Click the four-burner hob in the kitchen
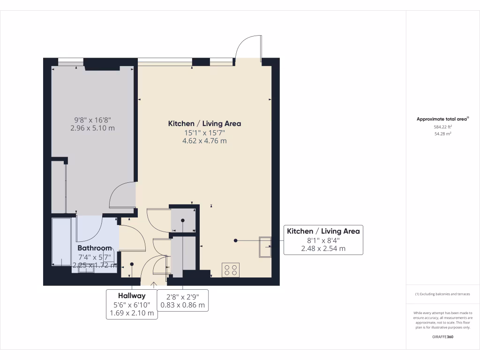(231, 270)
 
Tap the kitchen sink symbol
(265, 247)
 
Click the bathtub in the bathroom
(61, 241)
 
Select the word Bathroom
(95, 248)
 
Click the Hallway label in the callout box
(131, 296)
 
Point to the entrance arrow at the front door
(155, 284)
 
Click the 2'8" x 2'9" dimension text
(182, 296)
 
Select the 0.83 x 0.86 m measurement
(182, 305)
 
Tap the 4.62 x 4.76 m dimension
(204, 141)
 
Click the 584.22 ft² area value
(442, 127)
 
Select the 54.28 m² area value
(442, 134)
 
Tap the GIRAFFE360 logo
(442, 337)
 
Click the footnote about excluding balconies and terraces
(442, 294)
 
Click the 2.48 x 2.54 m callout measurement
(323, 248)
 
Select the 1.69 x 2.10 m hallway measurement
(131, 313)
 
